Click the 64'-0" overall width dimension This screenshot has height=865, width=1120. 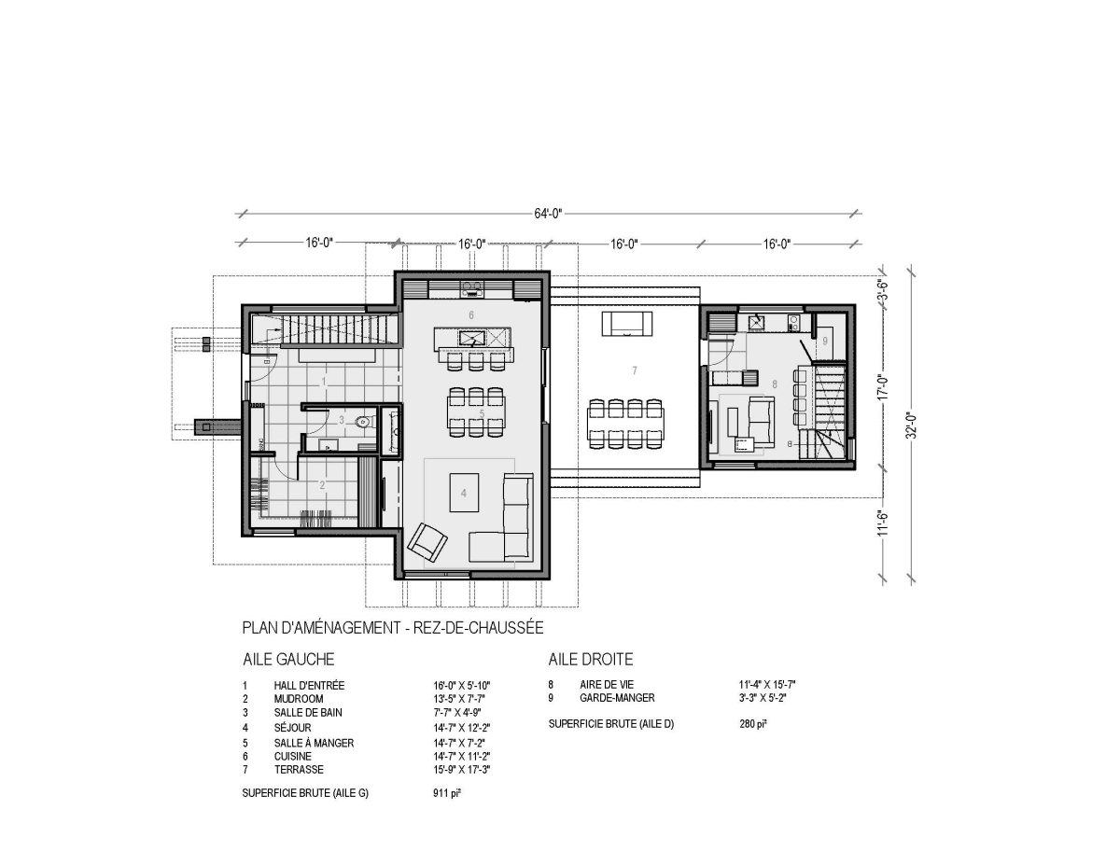coord(547,214)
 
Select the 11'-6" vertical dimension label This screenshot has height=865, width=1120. coord(884,523)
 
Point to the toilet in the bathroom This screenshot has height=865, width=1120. coord(364,423)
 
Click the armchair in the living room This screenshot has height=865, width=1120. coord(427,541)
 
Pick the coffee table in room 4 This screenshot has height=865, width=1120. coord(464,493)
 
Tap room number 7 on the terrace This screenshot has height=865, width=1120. coord(635,370)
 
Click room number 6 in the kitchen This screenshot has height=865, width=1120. coord(471,314)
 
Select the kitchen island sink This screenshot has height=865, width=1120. coord(472,338)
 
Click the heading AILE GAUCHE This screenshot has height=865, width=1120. coord(288,659)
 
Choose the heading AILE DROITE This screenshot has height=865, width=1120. coord(591,659)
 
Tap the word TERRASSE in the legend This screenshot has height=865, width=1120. coord(299,770)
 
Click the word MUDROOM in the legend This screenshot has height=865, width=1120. coord(299,699)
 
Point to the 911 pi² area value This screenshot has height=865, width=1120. coord(446,793)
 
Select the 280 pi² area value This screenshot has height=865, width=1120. coord(753,724)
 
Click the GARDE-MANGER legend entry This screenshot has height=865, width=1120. coord(617,698)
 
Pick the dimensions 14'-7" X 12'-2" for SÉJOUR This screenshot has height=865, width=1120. coord(461,728)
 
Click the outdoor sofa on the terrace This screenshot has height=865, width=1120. coord(627,324)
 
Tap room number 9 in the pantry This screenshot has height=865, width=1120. coord(825,341)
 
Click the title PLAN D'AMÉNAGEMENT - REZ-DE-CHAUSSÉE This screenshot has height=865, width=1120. coord(393,627)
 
